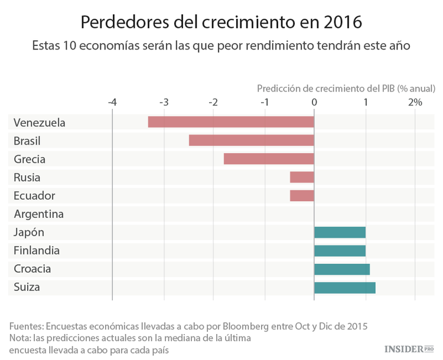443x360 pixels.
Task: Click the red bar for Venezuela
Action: click(231, 122)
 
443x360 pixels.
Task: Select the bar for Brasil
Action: click(252, 140)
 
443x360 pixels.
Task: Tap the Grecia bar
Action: click(269, 159)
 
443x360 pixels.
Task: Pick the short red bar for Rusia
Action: click(302, 177)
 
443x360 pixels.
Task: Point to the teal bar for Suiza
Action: click(344, 287)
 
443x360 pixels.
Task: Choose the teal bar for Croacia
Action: click(342, 269)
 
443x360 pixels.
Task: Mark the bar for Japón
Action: click(340, 233)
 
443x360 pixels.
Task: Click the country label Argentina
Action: click(38, 214)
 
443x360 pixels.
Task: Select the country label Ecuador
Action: click(34, 196)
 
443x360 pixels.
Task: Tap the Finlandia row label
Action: click(37, 251)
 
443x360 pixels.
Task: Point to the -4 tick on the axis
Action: click(112, 102)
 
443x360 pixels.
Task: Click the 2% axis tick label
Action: click(415, 102)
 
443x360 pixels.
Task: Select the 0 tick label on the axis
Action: click(314, 102)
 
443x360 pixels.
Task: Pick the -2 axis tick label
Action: click(213, 102)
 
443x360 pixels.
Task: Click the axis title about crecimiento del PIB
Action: click(346, 88)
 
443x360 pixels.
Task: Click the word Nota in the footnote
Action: click(21, 338)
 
